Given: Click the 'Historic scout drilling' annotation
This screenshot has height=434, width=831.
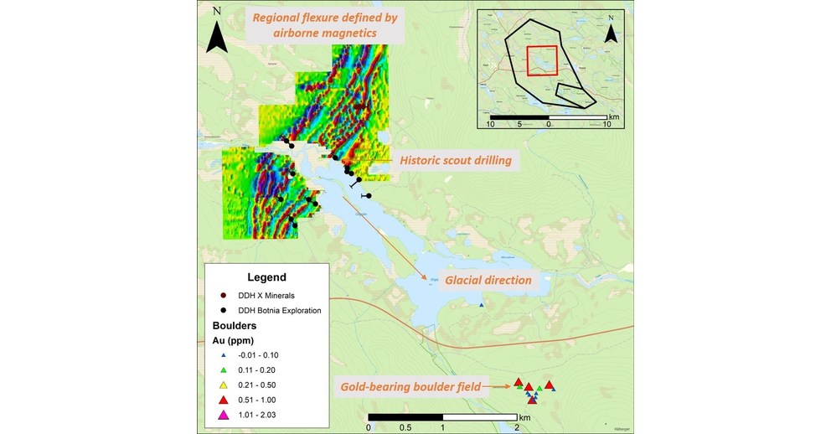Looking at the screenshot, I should coord(455,160).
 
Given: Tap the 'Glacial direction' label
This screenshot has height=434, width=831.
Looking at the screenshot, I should coord(488,280).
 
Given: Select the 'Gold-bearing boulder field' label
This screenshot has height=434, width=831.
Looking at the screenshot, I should coord(411,387).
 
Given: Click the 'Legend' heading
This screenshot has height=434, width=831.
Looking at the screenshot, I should coord(266,277).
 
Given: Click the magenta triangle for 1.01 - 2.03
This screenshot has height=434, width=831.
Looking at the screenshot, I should coord(224,415).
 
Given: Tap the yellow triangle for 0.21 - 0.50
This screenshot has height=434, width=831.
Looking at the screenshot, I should coord(224,385).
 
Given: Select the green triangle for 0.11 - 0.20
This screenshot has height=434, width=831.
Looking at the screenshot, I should coord(224,369).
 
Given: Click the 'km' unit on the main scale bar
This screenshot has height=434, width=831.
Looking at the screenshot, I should coord(525,417).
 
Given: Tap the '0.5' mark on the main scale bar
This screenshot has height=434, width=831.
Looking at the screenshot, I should coord(405,427).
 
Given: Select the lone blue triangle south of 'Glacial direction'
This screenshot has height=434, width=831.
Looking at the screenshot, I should coord(481,306).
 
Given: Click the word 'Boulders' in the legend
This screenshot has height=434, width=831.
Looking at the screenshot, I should coord(235,325).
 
